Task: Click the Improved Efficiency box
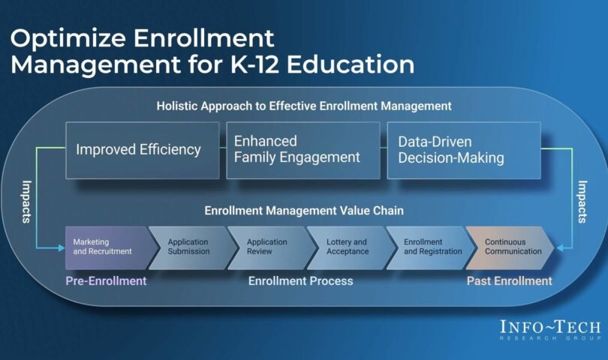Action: [x=143, y=150]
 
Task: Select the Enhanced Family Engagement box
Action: [x=303, y=150]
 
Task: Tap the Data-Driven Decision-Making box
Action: [x=464, y=150]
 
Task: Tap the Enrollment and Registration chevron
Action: [x=430, y=247]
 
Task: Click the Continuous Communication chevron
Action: [x=510, y=247]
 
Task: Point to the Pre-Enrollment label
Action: [x=106, y=281]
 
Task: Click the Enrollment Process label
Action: [x=300, y=281]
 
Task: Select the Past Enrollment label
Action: [x=509, y=281]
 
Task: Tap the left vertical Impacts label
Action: [x=26, y=202]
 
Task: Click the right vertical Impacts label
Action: [x=582, y=202]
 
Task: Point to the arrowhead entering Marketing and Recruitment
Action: [x=62, y=247]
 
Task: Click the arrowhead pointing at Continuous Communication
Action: [x=559, y=247]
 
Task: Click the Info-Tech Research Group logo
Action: [x=550, y=330]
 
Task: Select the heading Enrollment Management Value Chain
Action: [x=304, y=211]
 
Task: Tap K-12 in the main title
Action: [x=254, y=64]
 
